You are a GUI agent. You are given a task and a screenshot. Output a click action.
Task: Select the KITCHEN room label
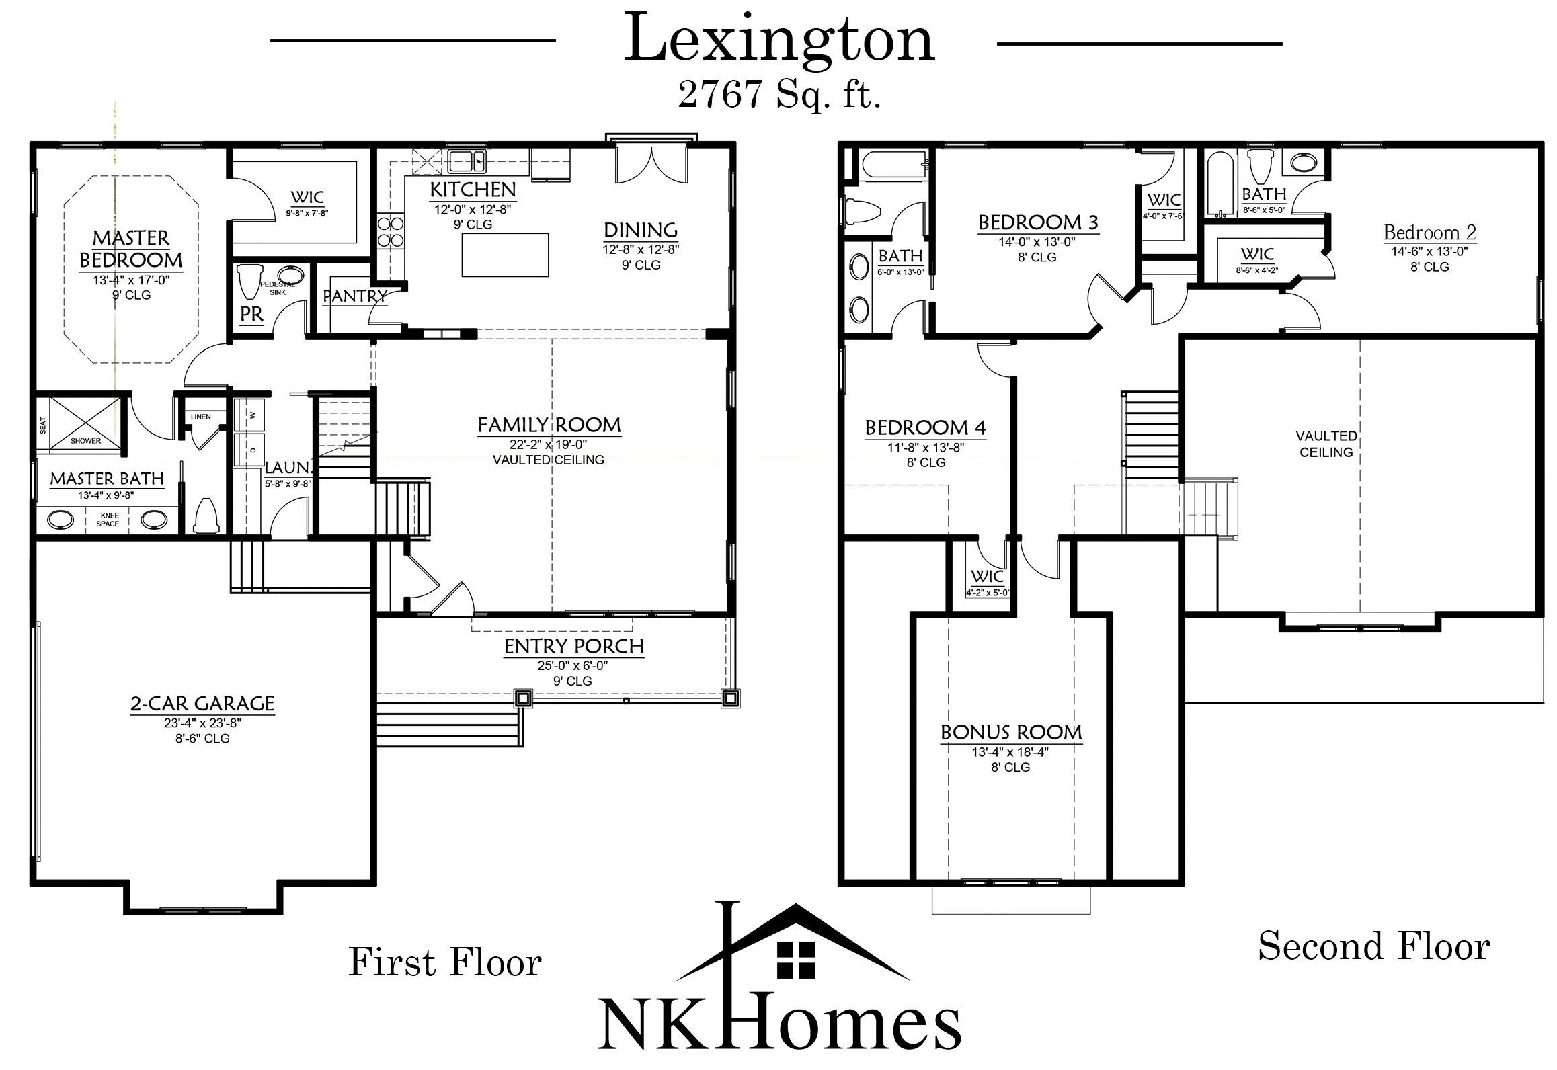click(473, 190)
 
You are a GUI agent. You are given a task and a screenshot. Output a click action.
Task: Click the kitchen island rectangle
click(505, 255)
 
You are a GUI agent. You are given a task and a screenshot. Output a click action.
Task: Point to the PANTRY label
click(354, 296)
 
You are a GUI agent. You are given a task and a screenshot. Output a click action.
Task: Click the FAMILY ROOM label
click(549, 425)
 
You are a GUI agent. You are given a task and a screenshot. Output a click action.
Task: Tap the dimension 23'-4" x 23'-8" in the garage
click(202, 723)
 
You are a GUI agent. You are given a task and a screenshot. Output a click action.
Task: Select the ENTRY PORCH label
click(574, 646)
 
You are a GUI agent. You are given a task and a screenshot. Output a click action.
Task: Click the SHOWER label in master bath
click(85, 441)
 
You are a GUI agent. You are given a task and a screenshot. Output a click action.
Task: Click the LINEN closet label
click(200, 417)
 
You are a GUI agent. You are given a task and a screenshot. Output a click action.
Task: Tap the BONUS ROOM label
click(1010, 732)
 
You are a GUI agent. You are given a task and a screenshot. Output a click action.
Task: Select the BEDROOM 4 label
click(925, 427)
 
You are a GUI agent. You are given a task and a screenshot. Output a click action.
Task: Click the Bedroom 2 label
click(1429, 233)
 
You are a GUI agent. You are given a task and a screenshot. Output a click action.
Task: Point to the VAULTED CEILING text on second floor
click(1326, 444)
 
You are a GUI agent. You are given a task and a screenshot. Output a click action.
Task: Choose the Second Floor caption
click(1373, 946)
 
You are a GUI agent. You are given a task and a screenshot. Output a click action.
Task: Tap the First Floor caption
click(444, 962)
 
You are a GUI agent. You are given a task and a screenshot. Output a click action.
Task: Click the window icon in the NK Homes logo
click(796, 959)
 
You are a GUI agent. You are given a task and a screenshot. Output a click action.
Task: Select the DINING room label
click(640, 231)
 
